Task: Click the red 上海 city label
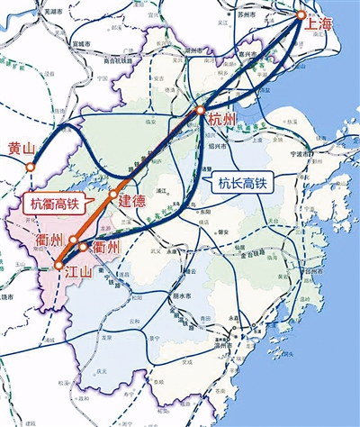319,26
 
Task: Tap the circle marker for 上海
302,15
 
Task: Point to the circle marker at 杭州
200,111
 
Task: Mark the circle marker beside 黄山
30,167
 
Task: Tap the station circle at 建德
112,194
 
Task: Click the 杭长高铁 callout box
242,185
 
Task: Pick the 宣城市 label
79,42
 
